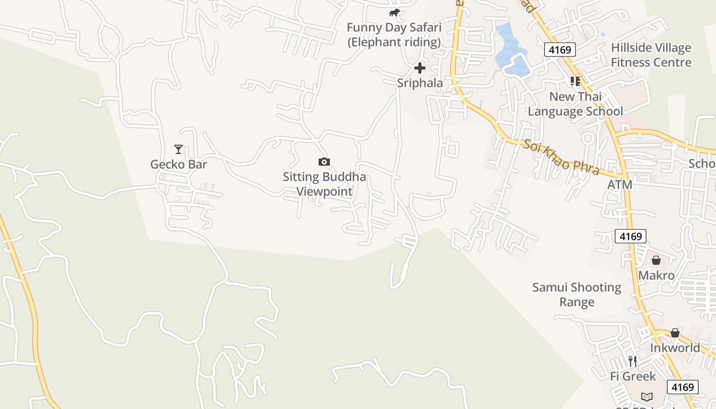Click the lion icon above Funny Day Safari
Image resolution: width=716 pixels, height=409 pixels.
394,13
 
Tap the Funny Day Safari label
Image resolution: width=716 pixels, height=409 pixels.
394,34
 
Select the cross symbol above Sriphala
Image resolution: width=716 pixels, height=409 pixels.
420,67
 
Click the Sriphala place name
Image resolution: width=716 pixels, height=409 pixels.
420,83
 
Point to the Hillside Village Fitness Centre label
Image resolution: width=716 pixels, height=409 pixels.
651,55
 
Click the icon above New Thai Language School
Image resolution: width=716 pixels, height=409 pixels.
575,81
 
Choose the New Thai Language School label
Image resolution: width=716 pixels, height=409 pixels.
575,104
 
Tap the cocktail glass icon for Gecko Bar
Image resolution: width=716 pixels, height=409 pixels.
178,149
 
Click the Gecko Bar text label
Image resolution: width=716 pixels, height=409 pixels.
178,164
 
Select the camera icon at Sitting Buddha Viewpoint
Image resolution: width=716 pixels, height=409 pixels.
324,162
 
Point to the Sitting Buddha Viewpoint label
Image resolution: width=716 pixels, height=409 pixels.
324,184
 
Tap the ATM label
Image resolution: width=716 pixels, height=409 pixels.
619,185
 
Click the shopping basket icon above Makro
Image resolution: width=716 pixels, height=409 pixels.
656,261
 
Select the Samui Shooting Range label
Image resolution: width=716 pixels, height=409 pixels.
577,294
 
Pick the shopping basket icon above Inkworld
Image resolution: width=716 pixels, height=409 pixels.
675,333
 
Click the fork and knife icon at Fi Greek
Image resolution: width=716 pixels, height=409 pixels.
633,361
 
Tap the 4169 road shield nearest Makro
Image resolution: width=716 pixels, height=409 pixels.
630,236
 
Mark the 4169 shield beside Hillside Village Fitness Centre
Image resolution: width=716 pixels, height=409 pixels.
560,50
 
